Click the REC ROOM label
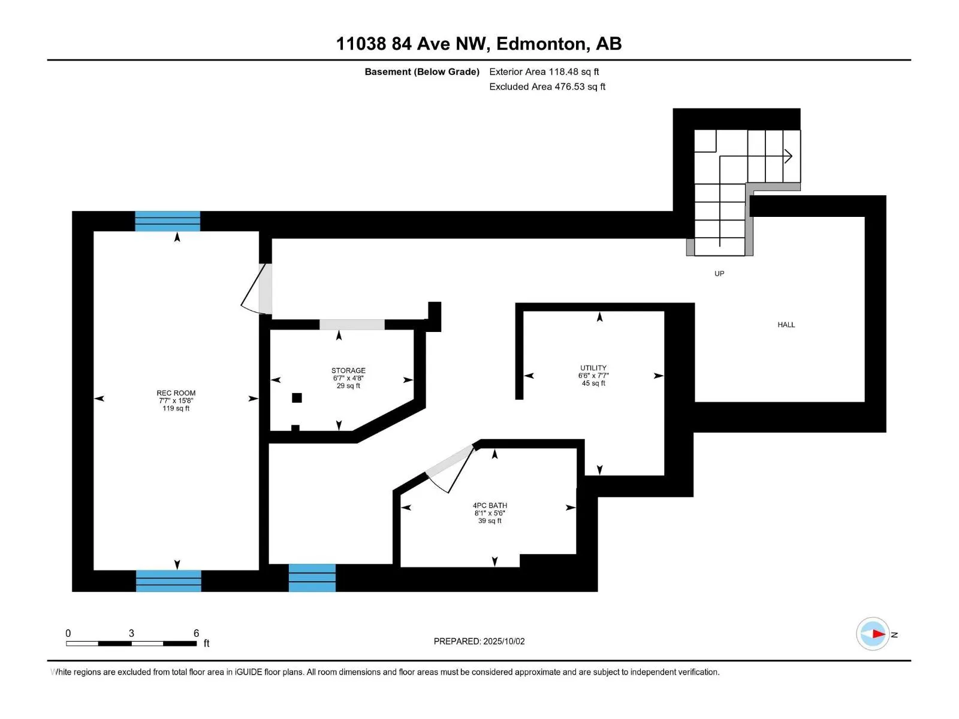pyautogui.click(x=176, y=394)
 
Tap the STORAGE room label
pyautogui.click(x=348, y=371)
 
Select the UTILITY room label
pyautogui.click(x=593, y=368)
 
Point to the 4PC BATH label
pyautogui.click(x=490, y=506)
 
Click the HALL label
pyautogui.click(x=786, y=325)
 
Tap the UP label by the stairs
pyautogui.click(x=719, y=274)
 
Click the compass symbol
pyautogui.click(x=873, y=634)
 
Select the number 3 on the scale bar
pyautogui.click(x=131, y=633)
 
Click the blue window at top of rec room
pyautogui.click(x=167, y=221)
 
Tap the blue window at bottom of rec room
pyautogui.click(x=168, y=581)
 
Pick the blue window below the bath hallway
pyautogui.click(x=312, y=578)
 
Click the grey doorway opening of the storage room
pyautogui.click(x=352, y=325)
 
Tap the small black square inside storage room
pyautogui.click(x=297, y=398)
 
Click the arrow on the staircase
pyautogui.click(x=788, y=156)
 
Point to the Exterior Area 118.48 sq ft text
pyautogui.click(x=544, y=72)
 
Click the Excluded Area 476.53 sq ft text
pyautogui.click(x=547, y=87)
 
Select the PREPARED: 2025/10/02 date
pyautogui.click(x=479, y=641)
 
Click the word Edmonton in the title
pyautogui.click(x=542, y=44)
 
